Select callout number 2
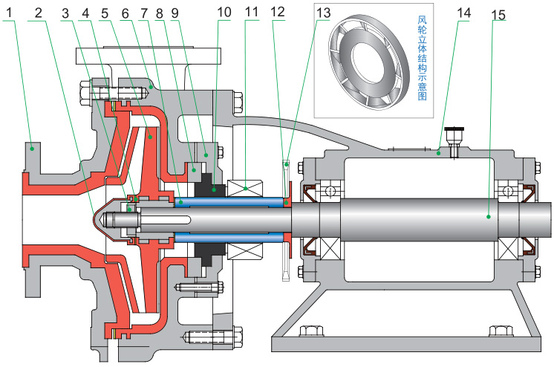pos(37,13)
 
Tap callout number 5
pos(105,13)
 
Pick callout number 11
pos(250,13)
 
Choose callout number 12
pos(278,13)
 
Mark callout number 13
pos(322,13)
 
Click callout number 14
pos(463,13)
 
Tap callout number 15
pos(498,13)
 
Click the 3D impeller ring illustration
pos(365,59)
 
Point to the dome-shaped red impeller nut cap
pos(108,220)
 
